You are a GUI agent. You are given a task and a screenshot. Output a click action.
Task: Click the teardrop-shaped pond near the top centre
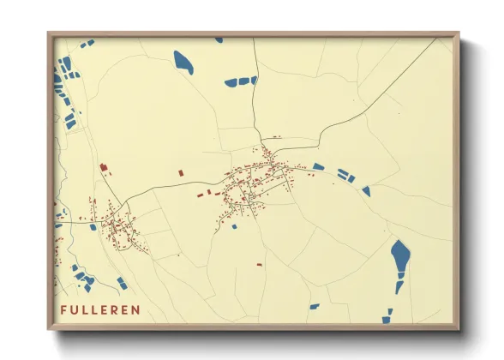[183, 62]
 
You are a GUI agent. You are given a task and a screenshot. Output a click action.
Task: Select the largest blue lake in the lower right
[399, 255]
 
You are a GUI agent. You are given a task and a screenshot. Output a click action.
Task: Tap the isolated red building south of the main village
[259, 265]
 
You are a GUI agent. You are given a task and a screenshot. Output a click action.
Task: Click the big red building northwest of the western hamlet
[105, 166]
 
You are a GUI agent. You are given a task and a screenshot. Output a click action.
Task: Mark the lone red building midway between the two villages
[182, 173]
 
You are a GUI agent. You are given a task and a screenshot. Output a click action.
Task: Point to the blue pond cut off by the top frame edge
[219, 39]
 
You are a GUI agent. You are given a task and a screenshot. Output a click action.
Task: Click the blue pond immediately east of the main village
[319, 166]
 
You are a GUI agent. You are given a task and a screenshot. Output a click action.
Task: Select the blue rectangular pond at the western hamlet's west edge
[93, 228]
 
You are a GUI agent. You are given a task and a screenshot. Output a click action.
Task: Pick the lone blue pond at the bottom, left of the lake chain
[314, 306]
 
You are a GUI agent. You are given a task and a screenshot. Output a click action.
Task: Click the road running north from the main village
[255, 103]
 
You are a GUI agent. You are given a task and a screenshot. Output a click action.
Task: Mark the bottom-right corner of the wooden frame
[459, 329]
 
